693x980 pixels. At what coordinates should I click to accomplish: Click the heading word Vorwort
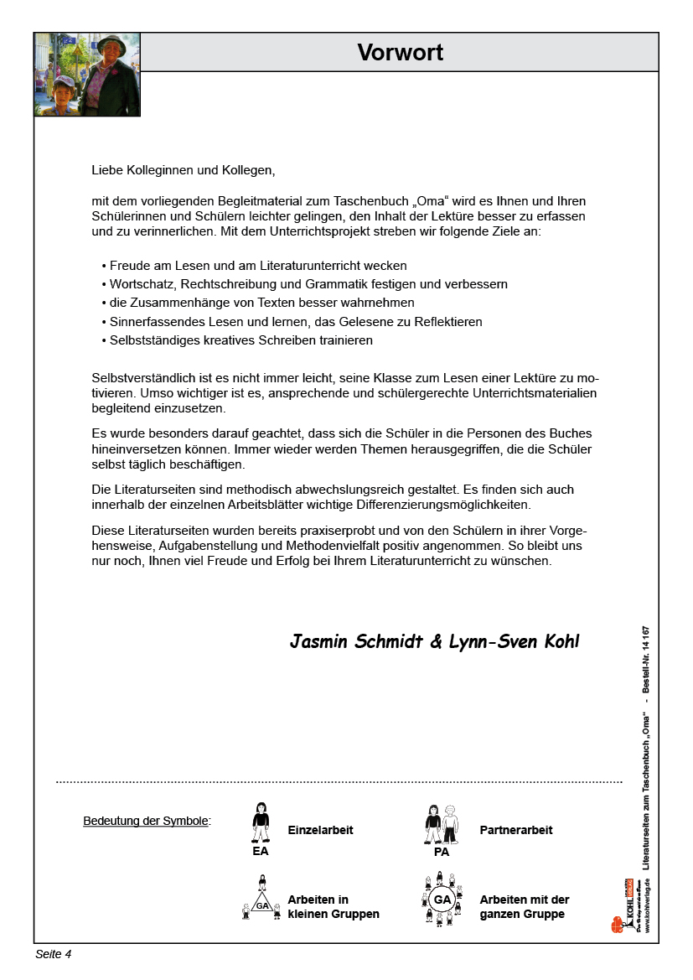click(400, 53)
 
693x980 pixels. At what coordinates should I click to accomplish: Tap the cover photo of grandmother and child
click(87, 75)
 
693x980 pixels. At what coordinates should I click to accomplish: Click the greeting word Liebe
click(107, 170)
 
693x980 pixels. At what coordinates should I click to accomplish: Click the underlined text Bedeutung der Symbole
click(147, 821)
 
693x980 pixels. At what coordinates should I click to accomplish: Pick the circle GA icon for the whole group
click(442, 900)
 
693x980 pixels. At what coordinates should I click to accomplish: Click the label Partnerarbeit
click(516, 830)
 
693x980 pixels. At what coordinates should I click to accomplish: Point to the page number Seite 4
click(54, 954)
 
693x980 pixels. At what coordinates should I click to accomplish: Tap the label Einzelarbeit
click(320, 830)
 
